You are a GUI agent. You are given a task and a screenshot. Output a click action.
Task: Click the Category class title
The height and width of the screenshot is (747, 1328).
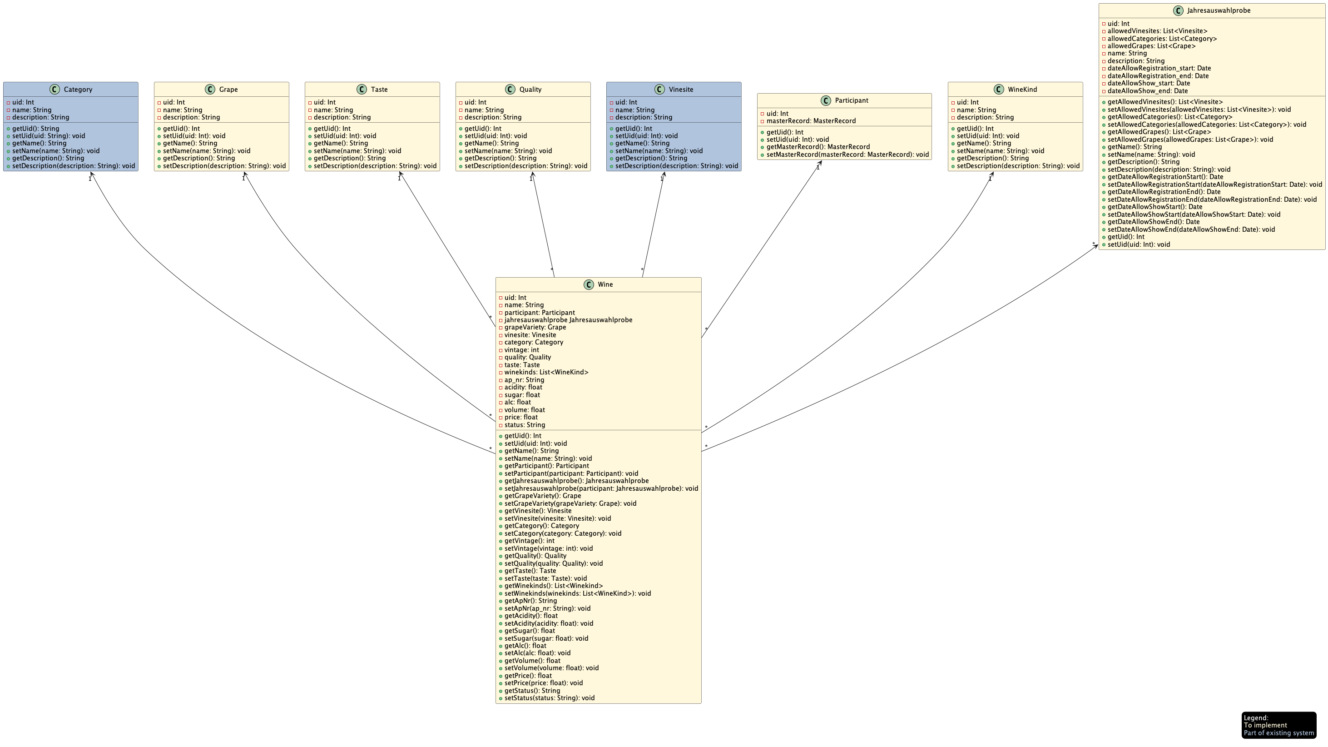click(78, 89)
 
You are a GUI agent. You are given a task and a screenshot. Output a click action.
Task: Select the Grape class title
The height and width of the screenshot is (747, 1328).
click(228, 89)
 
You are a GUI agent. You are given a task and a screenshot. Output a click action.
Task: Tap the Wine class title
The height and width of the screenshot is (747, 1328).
click(605, 284)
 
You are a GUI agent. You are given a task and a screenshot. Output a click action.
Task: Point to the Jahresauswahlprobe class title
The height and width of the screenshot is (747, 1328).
click(1218, 10)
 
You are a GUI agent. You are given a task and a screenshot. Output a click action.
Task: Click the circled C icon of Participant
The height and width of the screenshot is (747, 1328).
click(825, 100)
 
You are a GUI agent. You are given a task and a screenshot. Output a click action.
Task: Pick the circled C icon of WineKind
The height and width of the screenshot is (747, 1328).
click(999, 89)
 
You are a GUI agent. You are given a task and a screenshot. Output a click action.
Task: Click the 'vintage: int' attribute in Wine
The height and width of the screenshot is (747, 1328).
click(521, 350)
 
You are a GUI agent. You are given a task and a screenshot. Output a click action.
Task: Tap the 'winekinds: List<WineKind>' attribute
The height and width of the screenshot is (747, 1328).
click(546, 373)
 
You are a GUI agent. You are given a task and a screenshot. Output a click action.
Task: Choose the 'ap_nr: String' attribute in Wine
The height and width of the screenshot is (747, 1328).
click(524, 380)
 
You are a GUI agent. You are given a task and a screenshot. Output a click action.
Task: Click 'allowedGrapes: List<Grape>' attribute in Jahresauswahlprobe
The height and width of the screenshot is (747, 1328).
click(1151, 46)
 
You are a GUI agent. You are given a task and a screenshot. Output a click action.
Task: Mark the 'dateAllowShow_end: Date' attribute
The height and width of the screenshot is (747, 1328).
click(1148, 91)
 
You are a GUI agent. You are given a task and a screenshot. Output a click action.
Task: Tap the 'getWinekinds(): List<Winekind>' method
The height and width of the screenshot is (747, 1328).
click(553, 586)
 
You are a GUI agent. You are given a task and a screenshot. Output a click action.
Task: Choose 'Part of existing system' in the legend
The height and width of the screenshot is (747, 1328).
click(1278, 733)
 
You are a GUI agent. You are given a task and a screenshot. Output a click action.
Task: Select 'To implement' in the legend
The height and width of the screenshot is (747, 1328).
click(1265, 725)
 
